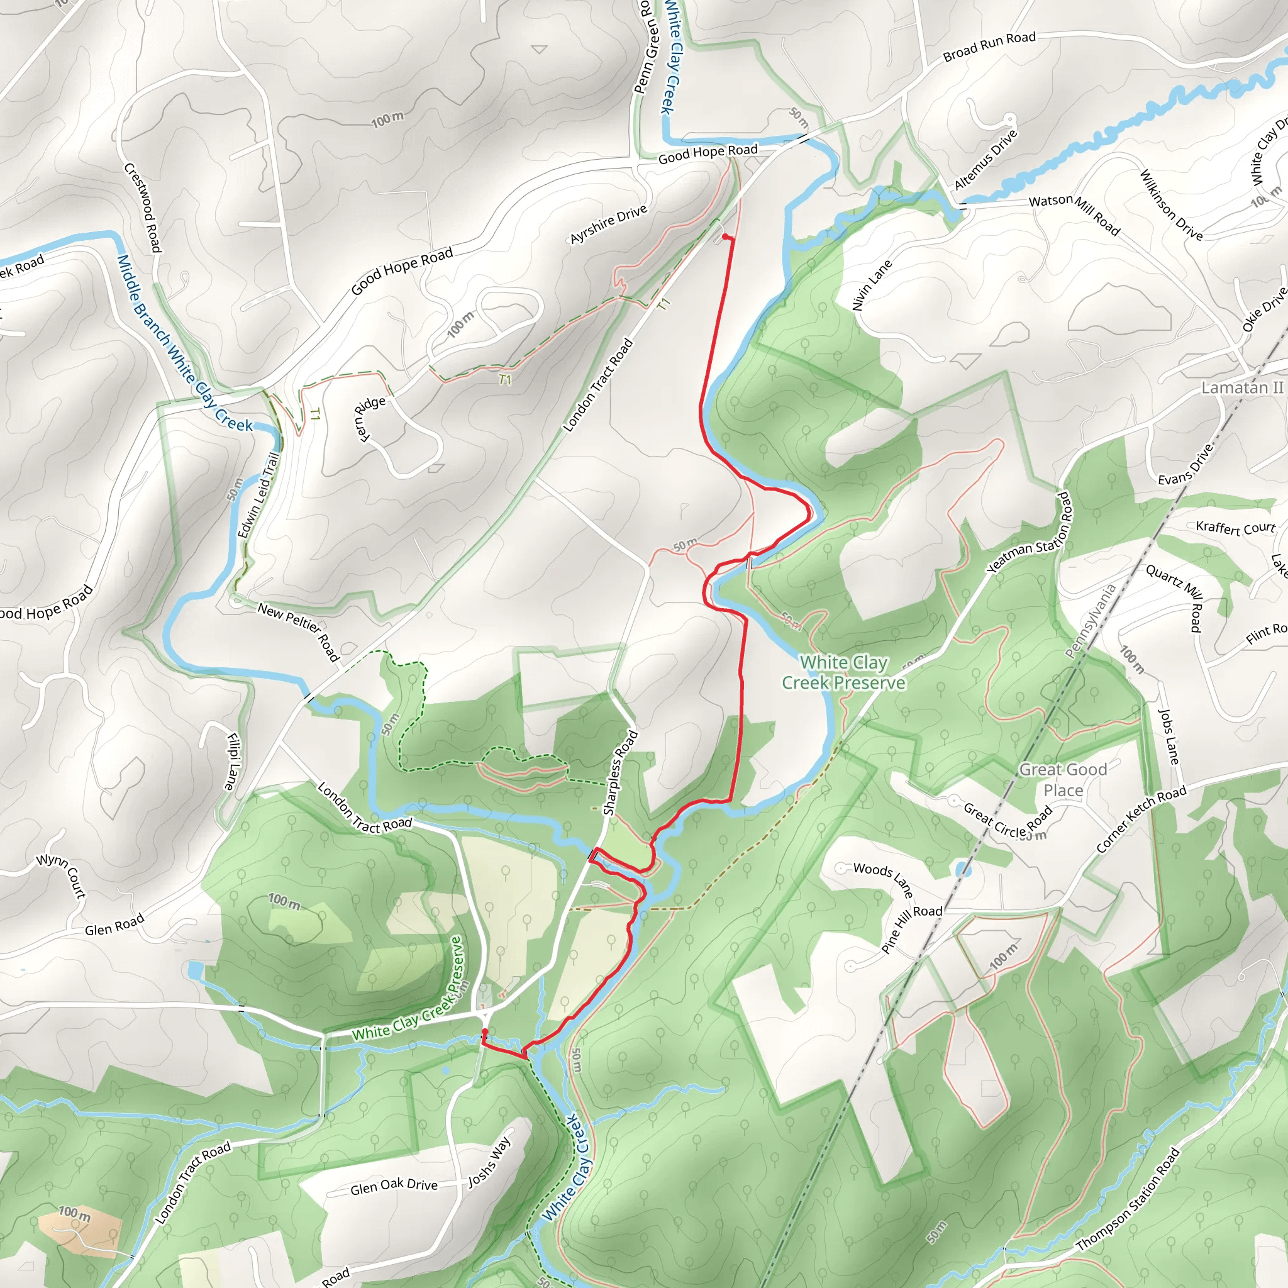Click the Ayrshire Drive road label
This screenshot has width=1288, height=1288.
(608, 224)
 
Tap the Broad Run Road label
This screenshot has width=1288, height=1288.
(989, 47)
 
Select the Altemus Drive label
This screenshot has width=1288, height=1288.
(985, 159)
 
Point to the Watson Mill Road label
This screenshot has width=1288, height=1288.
(1074, 213)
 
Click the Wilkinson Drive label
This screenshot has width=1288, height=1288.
(1170, 204)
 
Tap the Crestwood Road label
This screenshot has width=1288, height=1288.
(143, 208)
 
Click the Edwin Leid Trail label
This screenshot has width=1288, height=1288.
(258, 495)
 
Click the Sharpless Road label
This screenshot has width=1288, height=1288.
(620, 773)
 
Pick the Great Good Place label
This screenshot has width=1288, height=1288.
(1063, 779)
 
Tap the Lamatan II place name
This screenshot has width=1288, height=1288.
(1242, 387)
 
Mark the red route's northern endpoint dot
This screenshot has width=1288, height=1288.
(725, 236)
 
